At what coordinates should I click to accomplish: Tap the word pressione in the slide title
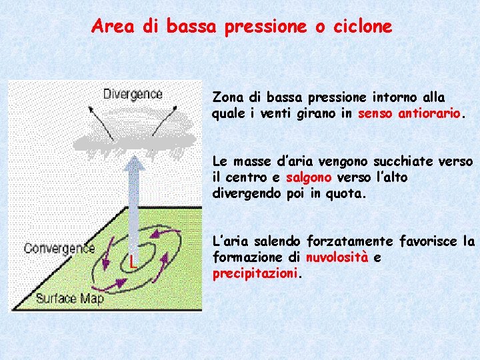265,27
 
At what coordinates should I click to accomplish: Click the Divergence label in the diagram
133,94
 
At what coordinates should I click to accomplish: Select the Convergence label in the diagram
59,249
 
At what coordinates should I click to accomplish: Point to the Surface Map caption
70,298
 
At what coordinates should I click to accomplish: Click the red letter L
133,261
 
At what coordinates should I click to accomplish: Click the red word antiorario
429,113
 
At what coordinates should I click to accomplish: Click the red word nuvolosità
337,257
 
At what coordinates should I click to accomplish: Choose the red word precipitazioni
255,273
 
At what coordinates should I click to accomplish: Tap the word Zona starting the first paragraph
225,97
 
